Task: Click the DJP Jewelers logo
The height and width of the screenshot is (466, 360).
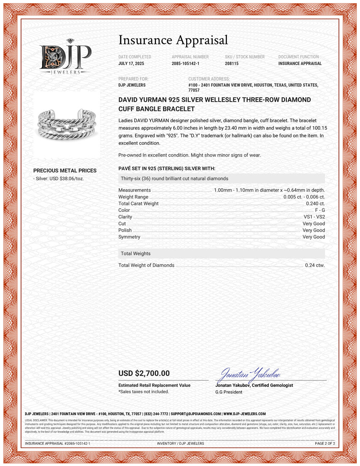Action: [65, 57]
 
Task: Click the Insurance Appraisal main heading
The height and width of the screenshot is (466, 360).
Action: [173, 40]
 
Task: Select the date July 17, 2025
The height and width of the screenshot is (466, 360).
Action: [131, 63]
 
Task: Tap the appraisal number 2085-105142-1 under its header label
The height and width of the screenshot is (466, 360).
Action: [185, 63]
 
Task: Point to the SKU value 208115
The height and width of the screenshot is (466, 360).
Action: [231, 63]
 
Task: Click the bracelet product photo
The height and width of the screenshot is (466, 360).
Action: [67, 125]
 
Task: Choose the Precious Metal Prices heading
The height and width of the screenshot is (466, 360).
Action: [65, 171]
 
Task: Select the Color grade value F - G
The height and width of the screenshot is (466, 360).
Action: [320, 210]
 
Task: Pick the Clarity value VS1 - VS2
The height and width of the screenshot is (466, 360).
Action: [314, 217]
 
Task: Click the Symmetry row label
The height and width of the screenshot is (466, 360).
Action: [129, 237]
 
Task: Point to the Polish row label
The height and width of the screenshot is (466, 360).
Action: [125, 230]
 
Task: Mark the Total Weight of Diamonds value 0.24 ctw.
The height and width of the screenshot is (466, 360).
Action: [315, 265]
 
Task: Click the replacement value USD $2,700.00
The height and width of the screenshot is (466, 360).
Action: [144, 373]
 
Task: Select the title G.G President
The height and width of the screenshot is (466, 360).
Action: [229, 392]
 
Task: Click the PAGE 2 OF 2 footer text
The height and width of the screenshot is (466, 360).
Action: [325, 444]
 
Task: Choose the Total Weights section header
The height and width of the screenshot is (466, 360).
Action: [136, 254]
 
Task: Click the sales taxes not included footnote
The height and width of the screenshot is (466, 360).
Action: [144, 392]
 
